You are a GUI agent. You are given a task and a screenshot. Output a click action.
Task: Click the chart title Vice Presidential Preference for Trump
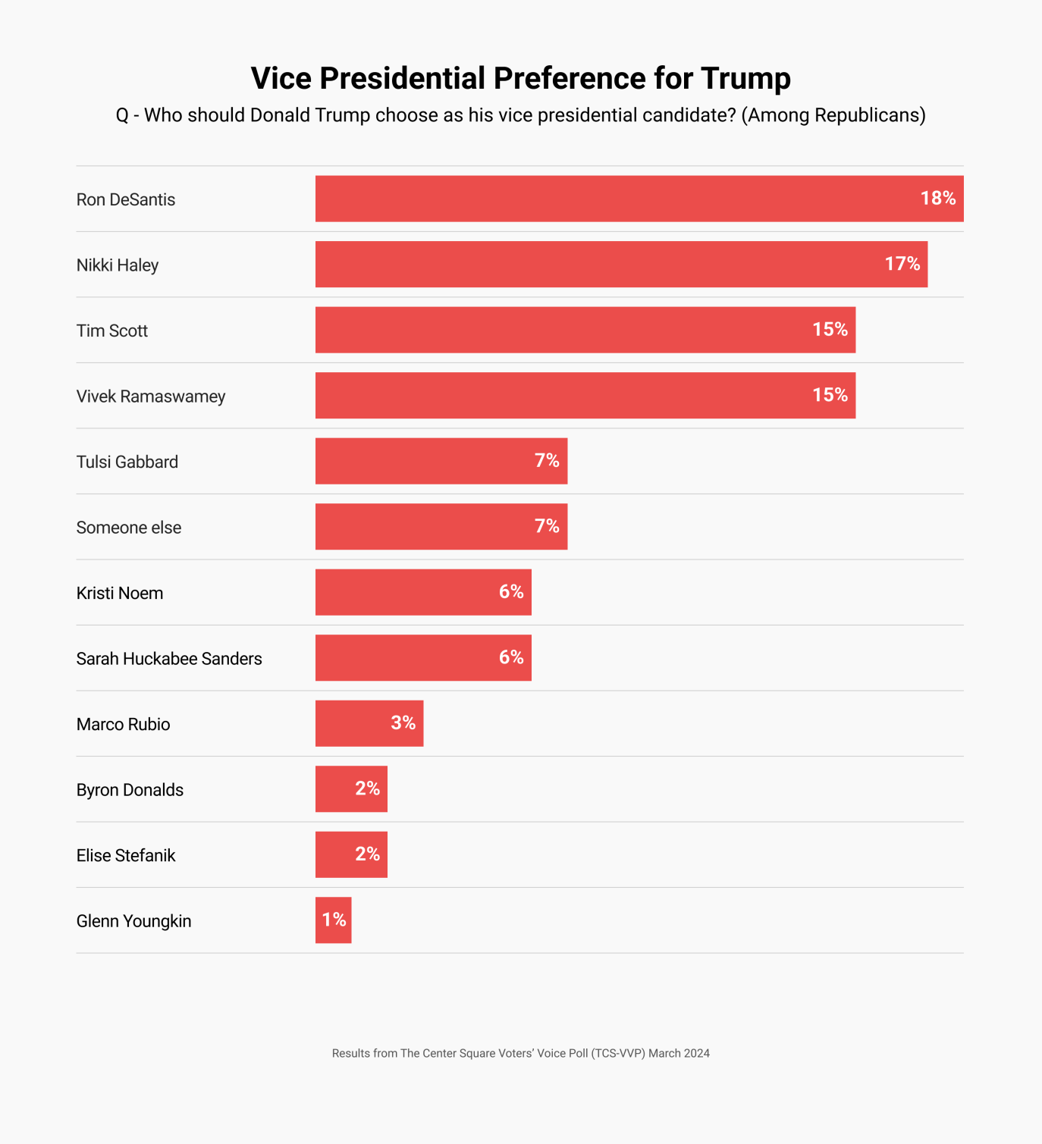[x=520, y=79]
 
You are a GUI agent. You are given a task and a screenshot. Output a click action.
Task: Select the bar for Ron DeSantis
[x=607, y=199]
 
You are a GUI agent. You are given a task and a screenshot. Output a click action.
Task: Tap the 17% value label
[x=902, y=264]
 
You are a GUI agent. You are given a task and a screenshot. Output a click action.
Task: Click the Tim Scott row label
[x=112, y=331]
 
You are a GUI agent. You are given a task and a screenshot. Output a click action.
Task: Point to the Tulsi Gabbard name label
[x=127, y=462]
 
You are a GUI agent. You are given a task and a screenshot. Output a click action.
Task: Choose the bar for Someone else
[x=425, y=526]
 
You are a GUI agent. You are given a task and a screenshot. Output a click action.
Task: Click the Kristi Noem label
[x=120, y=593]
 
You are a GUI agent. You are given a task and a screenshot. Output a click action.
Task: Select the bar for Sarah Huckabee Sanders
[x=410, y=657]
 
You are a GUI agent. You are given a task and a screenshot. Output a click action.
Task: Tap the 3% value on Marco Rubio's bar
[x=403, y=722]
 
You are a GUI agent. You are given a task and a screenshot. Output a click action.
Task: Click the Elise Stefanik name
[x=126, y=855]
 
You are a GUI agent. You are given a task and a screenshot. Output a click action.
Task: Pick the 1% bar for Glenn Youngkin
[x=333, y=920]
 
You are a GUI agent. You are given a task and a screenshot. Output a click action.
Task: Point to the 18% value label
[x=937, y=198]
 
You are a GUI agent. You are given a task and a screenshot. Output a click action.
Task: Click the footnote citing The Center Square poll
[x=520, y=1053]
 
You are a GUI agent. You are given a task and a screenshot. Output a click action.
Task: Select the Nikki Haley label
[x=118, y=265]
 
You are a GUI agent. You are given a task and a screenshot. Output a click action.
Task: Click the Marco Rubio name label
[x=123, y=724]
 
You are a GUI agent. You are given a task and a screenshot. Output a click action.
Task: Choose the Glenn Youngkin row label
[x=133, y=921]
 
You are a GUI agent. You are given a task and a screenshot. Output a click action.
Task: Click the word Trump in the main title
[x=745, y=79]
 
